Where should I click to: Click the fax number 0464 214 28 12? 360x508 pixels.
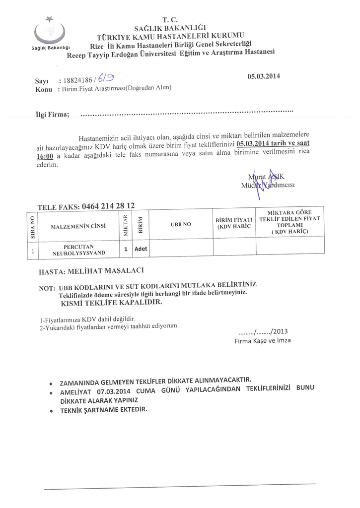pyautogui.click(x=108, y=205)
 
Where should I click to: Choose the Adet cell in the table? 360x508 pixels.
pyautogui.click(x=141, y=248)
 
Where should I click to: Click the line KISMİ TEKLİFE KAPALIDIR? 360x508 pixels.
pyautogui.click(x=111, y=302)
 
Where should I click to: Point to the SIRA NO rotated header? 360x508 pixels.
pyautogui.click(x=32, y=227)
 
